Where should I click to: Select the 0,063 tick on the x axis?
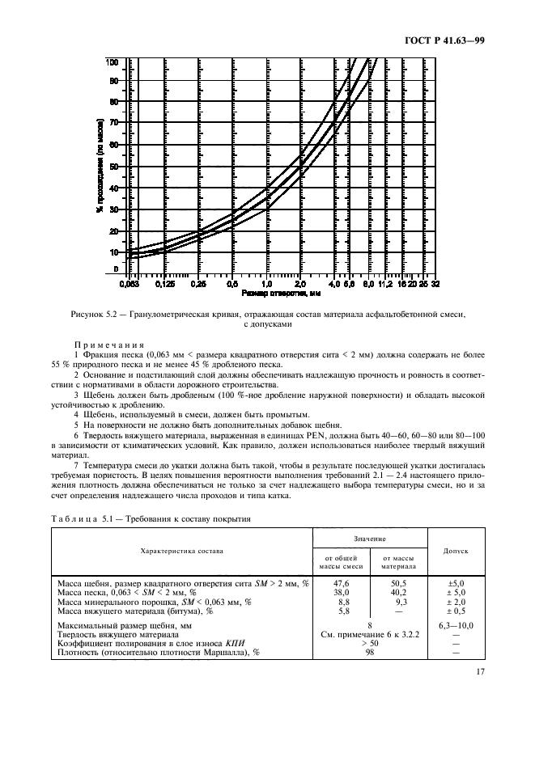click(130, 285)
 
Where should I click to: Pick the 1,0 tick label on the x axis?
click(266, 285)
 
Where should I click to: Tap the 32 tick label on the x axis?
click(435, 285)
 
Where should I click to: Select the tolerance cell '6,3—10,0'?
click(456, 625)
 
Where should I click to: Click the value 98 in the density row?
click(369, 652)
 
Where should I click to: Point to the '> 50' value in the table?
click(369, 643)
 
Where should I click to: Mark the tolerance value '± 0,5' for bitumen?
click(456, 609)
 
